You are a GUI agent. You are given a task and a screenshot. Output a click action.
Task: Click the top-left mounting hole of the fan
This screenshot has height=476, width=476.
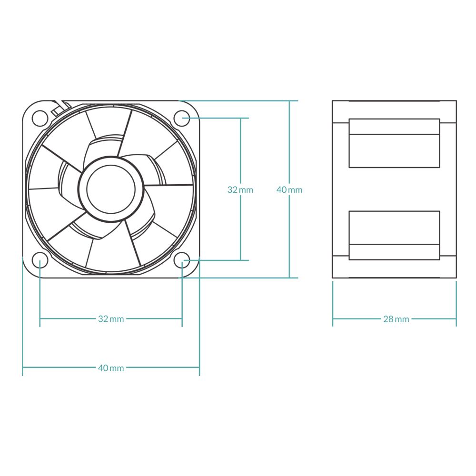40,117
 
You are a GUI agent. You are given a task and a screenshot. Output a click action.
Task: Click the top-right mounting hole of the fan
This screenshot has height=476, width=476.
182,118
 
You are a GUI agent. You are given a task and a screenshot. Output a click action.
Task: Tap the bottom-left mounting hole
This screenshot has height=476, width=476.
40,260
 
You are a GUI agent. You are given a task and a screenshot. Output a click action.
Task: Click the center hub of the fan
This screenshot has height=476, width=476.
111,189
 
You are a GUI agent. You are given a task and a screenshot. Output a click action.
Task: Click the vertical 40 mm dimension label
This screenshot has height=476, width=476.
289,190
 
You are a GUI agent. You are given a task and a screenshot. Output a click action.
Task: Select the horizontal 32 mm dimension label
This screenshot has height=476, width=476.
111,319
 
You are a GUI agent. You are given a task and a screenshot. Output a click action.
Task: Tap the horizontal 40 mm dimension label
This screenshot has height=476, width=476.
111,368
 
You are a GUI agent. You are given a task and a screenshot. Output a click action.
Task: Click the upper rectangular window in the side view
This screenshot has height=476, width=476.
394,143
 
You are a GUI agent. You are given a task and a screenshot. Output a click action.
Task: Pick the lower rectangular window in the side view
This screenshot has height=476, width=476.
394,235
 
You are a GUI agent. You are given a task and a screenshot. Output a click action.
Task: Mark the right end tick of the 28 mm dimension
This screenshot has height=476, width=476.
456,319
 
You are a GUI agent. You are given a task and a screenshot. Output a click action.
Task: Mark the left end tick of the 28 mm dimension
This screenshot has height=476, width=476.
333,319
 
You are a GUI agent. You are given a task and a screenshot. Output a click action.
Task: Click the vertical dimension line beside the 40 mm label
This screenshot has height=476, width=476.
289,143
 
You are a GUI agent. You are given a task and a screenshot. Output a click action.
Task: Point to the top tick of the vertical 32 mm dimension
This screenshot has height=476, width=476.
241,118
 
